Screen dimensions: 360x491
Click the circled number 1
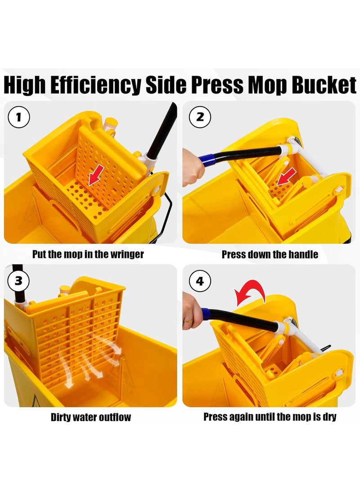[19, 117]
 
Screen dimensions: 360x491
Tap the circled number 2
[200, 117]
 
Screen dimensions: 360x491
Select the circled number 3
[18, 280]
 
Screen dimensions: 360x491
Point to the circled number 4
[200, 281]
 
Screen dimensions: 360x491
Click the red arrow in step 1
[96, 176]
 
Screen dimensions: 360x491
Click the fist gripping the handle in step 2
[193, 167]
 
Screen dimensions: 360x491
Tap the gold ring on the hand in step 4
[187, 320]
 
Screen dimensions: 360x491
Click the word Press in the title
[217, 85]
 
